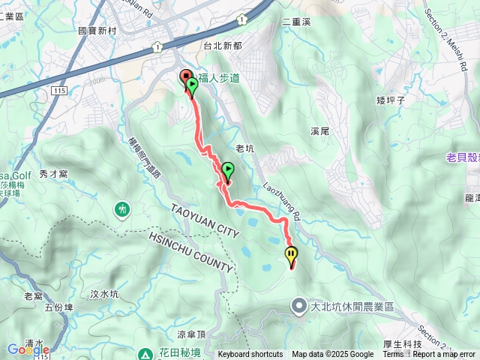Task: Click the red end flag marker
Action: tap(186, 77)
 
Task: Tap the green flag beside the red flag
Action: tap(193, 85)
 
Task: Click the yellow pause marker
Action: tap(290, 256)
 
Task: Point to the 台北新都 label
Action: tap(223, 46)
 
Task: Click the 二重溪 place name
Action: tap(296, 22)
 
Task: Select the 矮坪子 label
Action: tap(391, 99)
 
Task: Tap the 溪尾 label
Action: tap(320, 130)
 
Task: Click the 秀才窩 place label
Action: tap(53, 173)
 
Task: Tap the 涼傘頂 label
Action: tap(191, 334)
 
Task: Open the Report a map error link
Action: tap(444, 355)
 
